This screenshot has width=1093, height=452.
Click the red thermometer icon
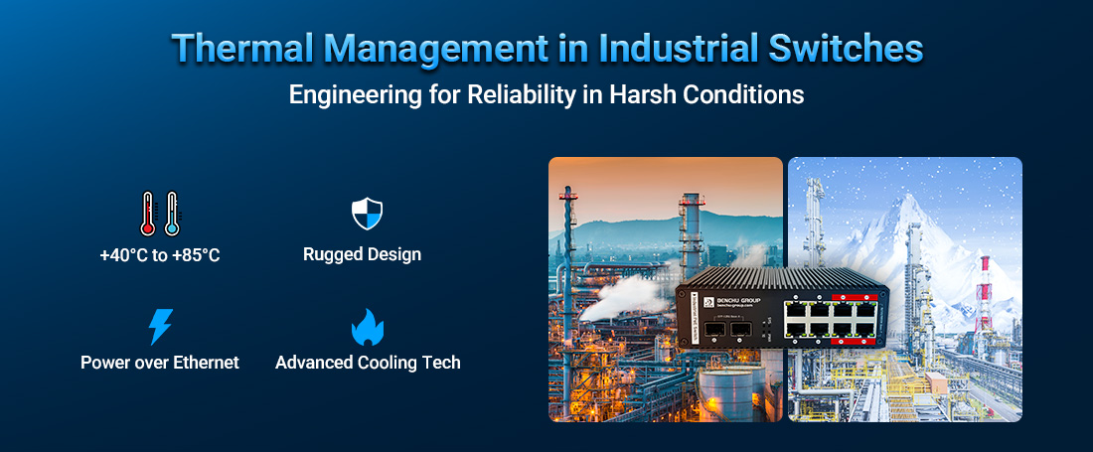[x=149, y=215]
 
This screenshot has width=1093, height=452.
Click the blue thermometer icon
[x=171, y=215]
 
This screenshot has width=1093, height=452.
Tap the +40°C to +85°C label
[x=160, y=255]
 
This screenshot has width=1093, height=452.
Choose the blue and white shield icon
[x=367, y=214]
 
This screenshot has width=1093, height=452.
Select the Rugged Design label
[x=362, y=254]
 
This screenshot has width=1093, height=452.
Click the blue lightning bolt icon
[x=160, y=327]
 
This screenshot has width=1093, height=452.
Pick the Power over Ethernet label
[x=160, y=363]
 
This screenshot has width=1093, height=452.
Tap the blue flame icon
[x=368, y=328]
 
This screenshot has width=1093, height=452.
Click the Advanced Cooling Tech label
[x=368, y=363]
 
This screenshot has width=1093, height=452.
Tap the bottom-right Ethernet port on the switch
[x=866, y=331]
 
